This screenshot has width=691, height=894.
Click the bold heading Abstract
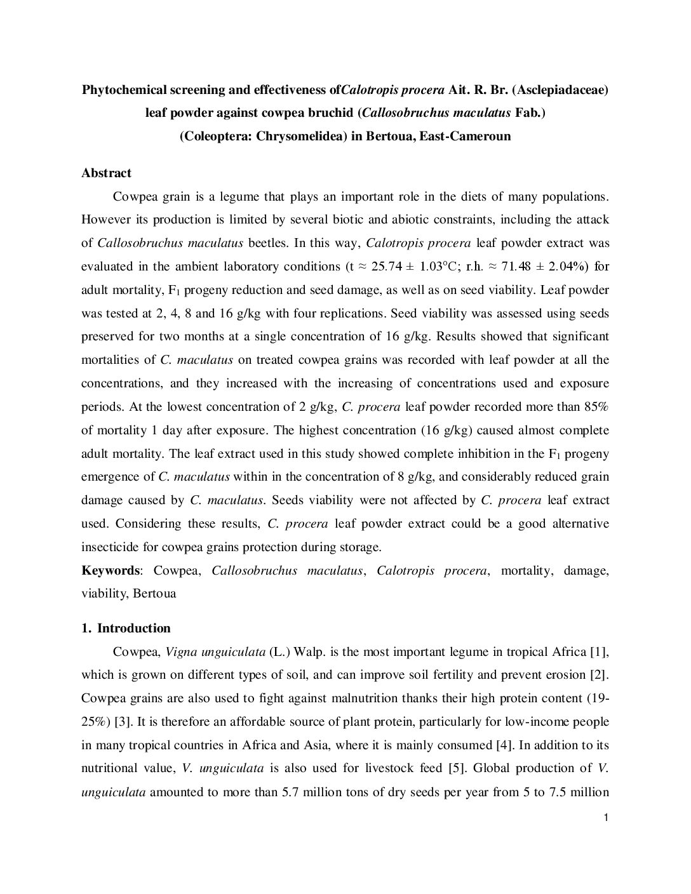tap(106, 173)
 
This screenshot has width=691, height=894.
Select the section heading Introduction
tap(133, 629)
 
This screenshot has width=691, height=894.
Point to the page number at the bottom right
tap(607, 818)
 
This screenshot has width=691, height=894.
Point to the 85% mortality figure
tap(598, 407)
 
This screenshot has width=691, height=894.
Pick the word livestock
tap(391, 768)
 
